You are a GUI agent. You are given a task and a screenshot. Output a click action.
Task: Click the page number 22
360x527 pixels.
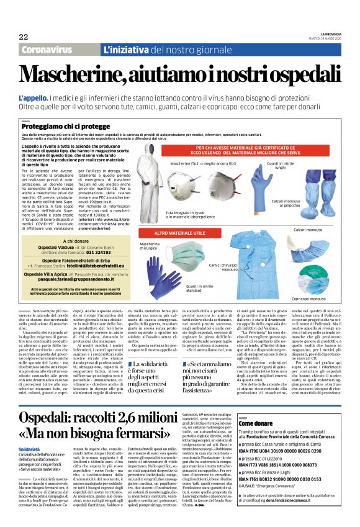pos(24,37)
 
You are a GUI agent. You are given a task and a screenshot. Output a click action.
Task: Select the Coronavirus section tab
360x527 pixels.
pos(46,49)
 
